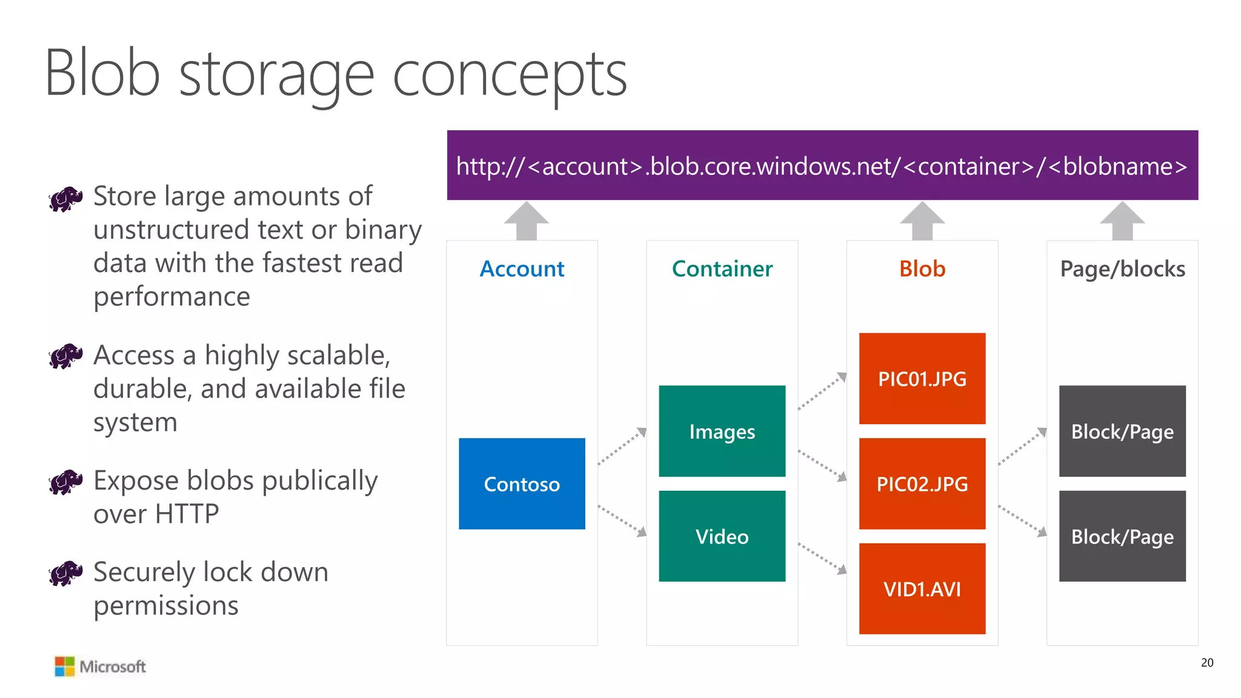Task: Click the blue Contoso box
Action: click(x=522, y=484)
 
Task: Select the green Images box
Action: click(x=722, y=431)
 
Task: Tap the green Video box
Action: click(x=722, y=536)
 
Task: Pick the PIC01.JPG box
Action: click(x=922, y=379)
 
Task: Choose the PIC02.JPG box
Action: click(x=922, y=484)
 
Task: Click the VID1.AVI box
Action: click(x=922, y=588)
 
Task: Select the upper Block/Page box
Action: click(x=1122, y=431)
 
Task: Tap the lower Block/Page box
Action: click(x=1122, y=536)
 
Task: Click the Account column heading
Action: click(x=522, y=268)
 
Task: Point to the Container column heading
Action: click(x=722, y=268)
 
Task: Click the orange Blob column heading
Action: click(x=922, y=268)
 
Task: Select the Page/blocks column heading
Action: click(x=1122, y=268)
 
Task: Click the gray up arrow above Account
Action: click(x=527, y=221)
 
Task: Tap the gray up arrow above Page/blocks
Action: click(x=1122, y=221)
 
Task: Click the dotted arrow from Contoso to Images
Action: click(x=622, y=446)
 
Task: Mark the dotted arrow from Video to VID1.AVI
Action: click(x=822, y=558)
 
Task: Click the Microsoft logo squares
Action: click(x=64, y=666)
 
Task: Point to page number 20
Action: click(x=1206, y=662)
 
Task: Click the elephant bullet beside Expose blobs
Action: click(x=65, y=482)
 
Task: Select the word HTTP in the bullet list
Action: click(x=187, y=514)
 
